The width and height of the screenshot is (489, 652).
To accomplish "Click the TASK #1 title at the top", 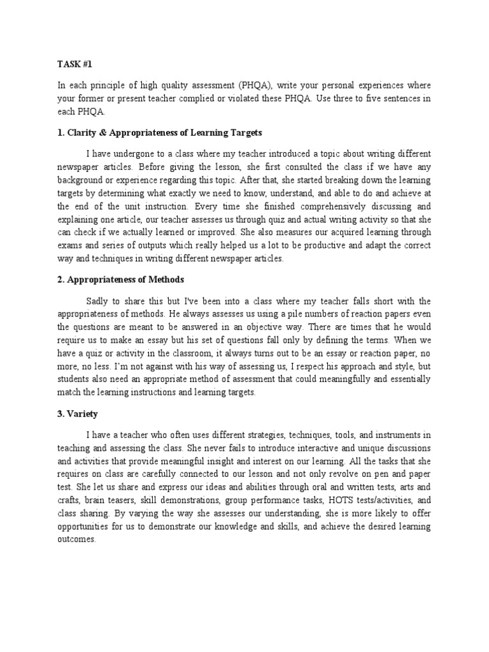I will coord(73,65).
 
